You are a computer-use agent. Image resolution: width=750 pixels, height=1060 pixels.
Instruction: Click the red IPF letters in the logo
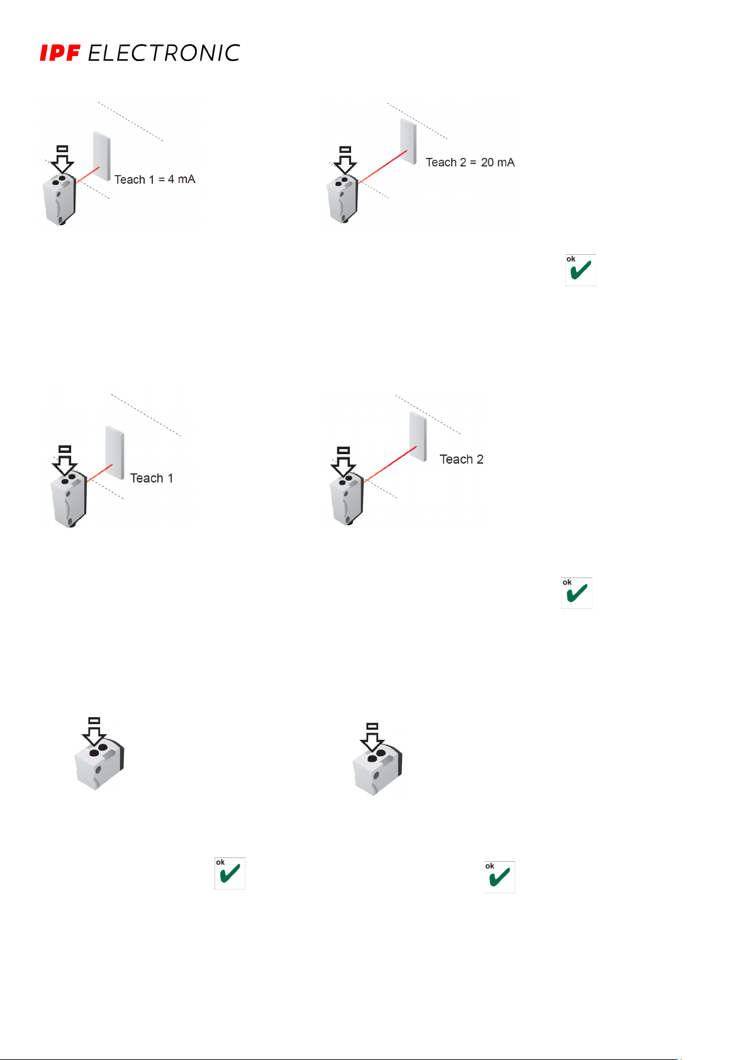click(x=60, y=53)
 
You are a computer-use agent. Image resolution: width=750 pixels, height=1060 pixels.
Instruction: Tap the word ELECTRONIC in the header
click(x=164, y=53)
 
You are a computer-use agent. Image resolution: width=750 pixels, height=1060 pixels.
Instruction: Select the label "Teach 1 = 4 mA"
click(x=155, y=179)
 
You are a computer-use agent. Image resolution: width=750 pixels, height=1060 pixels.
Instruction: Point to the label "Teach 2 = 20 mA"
click(x=470, y=162)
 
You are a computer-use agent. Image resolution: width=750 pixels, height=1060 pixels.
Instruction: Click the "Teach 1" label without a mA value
click(x=151, y=478)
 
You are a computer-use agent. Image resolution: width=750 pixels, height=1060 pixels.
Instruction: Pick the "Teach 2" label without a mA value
click(x=461, y=459)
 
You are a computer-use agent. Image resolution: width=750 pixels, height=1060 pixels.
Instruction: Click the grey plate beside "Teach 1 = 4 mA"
click(x=102, y=155)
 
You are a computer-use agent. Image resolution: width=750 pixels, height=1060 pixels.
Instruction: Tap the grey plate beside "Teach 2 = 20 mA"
click(x=408, y=141)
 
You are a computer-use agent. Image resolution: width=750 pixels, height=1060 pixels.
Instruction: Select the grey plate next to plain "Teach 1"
click(x=115, y=452)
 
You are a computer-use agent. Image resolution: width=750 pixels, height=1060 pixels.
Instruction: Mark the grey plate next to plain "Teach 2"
click(x=418, y=436)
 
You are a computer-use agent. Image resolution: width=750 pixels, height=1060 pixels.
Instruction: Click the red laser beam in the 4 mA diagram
click(x=88, y=174)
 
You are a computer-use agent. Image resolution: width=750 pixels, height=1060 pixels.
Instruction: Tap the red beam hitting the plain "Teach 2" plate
click(x=390, y=464)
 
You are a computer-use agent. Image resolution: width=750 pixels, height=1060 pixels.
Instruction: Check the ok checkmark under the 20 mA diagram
click(x=580, y=270)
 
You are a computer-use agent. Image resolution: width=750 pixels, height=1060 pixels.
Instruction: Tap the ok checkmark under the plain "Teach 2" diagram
click(x=577, y=593)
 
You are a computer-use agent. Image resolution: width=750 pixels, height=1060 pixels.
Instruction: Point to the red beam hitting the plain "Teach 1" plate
click(x=100, y=473)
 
